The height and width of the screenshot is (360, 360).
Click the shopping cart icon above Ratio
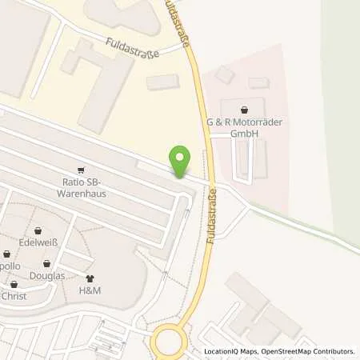(x=80, y=170)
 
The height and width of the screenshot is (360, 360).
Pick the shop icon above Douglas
(x=47, y=262)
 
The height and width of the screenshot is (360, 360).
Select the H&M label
(x=89, y=290)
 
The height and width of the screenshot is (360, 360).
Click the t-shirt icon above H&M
(x=89, y=278)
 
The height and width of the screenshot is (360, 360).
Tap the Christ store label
(x=14, y=296)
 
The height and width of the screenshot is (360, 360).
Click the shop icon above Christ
(x=14, y=284)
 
